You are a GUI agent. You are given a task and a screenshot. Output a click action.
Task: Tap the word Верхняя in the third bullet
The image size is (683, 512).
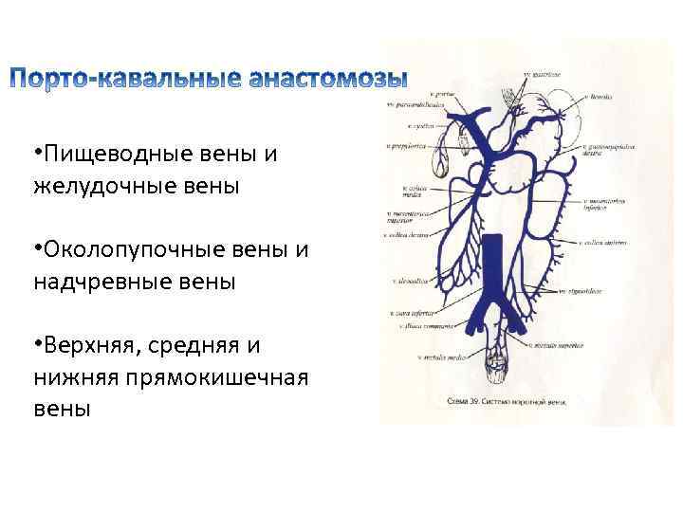pyautogui.click(x=88, y=347)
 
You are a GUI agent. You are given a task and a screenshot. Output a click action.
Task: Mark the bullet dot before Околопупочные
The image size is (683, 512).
pyautogui.click(x=36, y=248)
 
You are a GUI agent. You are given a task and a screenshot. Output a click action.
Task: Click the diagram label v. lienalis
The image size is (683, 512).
pyautogui.click(x=600, y=97)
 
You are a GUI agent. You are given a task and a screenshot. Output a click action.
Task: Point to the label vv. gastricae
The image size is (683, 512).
pyautogui.click(x=544, y=74)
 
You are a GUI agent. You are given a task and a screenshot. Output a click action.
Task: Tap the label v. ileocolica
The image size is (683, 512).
pyautogui.click(x=411, y=282)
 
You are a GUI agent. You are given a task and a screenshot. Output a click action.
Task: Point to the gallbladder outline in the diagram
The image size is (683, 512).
pyautogui.click(x=441, y=159)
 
